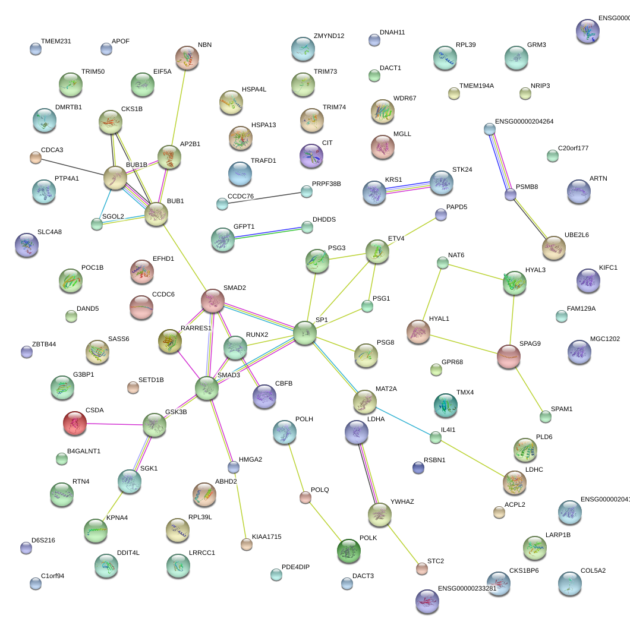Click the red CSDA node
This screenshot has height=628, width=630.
pos(75,422)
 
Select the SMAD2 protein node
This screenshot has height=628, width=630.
pos(212,301)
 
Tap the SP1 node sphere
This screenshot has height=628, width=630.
pos(305,333)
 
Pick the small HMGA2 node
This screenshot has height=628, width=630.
pos(234,468)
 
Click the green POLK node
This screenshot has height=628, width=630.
pos(348,551)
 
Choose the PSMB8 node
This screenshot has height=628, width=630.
pos(511,194)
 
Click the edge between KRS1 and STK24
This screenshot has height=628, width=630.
pos(408,187)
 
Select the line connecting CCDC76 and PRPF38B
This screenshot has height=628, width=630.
pos(264,198)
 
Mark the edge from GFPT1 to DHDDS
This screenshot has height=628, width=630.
pos(271,233)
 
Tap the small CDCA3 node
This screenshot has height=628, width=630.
pos(36,157)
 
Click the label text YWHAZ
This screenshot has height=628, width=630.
pos(402,501)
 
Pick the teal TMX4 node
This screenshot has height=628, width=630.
pos(446,405)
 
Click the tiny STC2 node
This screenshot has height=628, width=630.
pos(421,569)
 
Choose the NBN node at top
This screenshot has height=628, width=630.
pos(187,58)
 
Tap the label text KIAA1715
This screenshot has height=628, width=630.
pos(266,537)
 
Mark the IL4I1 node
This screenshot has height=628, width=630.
pos(436,438)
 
